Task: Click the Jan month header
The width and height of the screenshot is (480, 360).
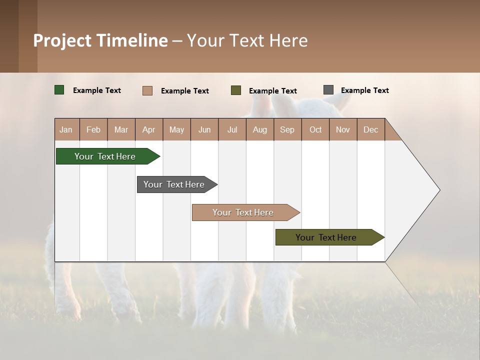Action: pos(66,129)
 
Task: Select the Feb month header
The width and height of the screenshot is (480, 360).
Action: pos(93,129)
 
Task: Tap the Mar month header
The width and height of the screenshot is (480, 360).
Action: pos(121,129)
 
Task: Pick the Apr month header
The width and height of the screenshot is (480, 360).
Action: pos(149,129)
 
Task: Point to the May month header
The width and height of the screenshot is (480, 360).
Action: pos(176,129)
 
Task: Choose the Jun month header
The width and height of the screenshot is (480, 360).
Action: pos(204,129)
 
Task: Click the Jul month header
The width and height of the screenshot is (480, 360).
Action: pos(232,129)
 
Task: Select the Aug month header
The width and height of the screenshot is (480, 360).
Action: pos(260,129)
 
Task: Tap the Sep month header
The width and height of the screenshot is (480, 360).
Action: pos(287,129)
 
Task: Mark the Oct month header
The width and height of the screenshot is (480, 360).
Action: pos(315,129)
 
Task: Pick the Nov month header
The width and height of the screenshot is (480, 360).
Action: pos(343,129)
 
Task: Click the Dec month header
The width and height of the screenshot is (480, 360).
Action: pos(371,129)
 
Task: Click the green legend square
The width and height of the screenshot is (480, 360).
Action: pos(59,90)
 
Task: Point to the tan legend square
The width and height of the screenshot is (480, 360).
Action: pos(147,90)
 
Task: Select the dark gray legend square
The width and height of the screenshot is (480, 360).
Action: pos(328,90)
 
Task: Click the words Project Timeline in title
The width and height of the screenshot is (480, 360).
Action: pos(100,40)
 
